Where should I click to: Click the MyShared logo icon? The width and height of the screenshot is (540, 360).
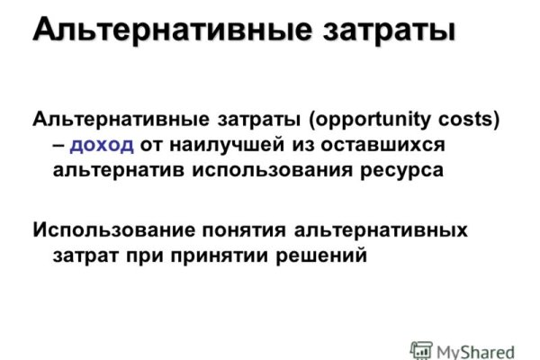pyautogui.click(x=420, y=348)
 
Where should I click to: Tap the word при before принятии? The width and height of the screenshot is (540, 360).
pyautogui.click(x=138, y=256)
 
